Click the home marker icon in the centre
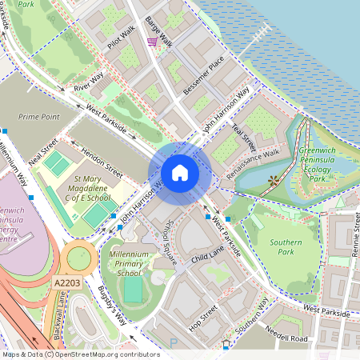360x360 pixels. (180, 173)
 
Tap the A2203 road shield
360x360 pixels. (67, 283)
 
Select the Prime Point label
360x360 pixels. (39, 116)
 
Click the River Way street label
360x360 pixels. (88, 82)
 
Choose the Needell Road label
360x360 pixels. (288, 337)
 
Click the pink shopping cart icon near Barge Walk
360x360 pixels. (152, 42)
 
